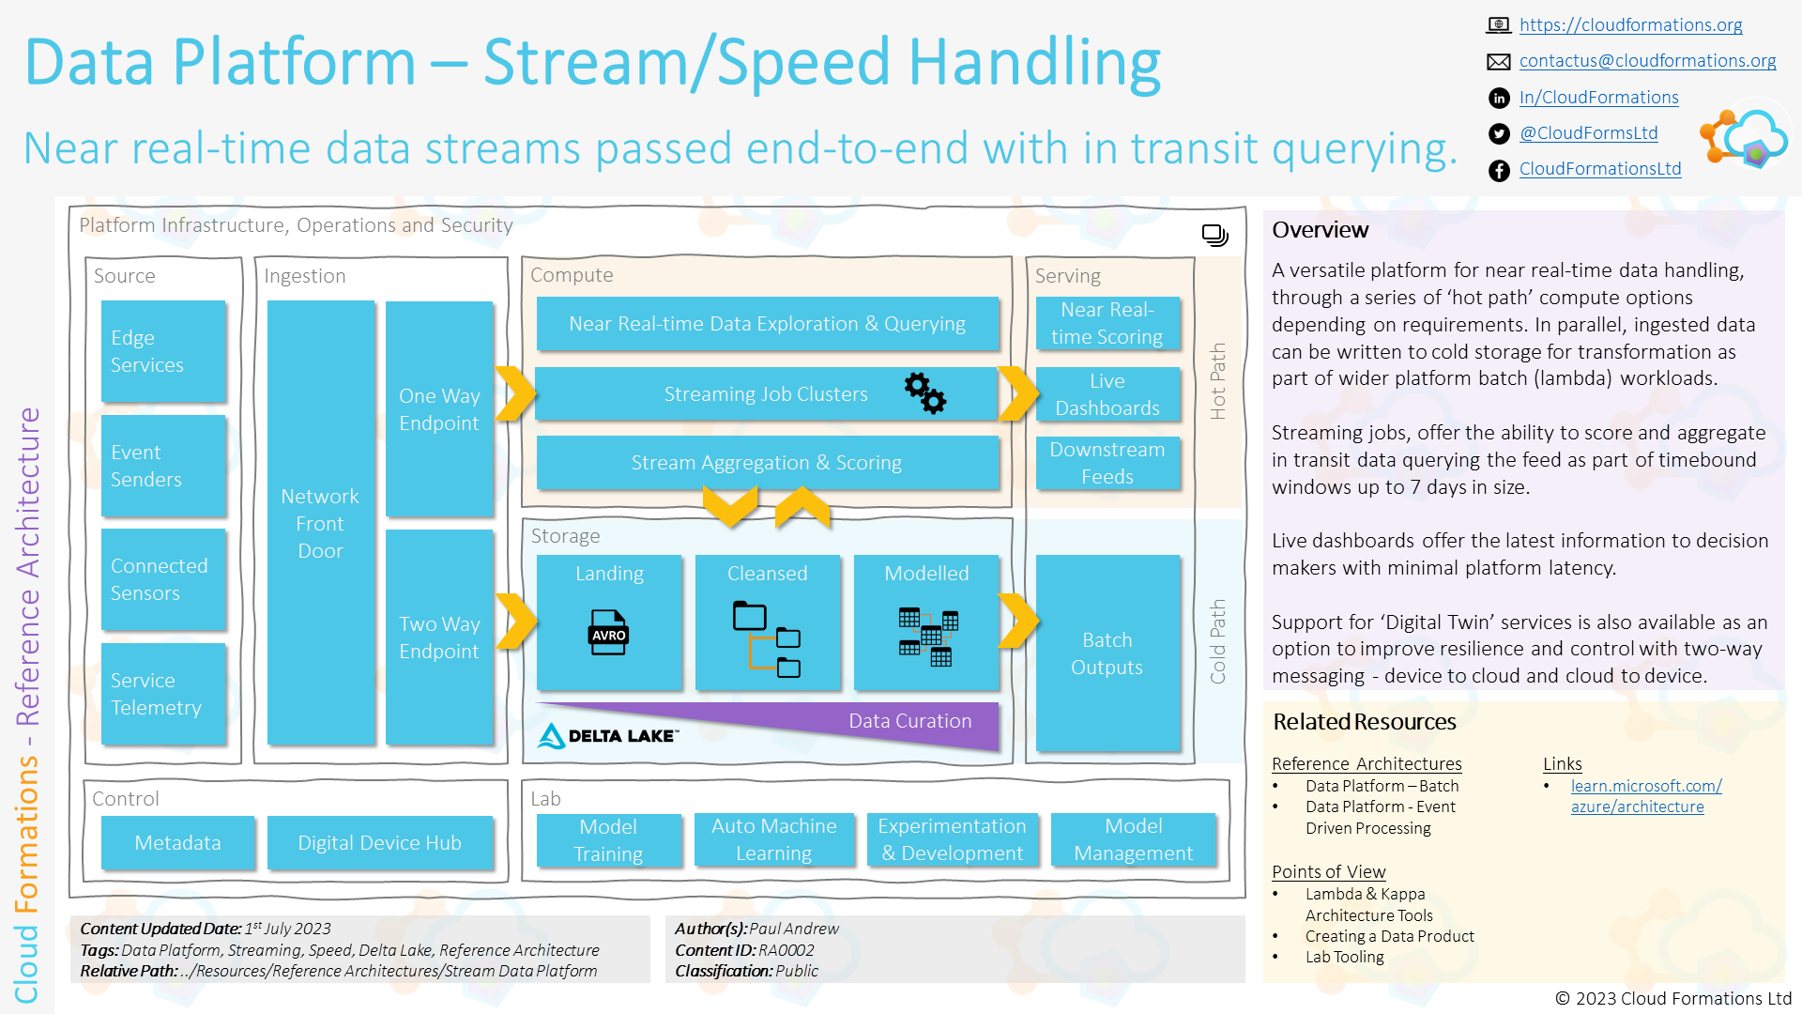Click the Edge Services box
click(163, 350)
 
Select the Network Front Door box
click(320, 522)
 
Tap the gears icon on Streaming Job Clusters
click(924, 392)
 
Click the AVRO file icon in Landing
click(608, 633)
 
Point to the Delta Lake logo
click(607, 735)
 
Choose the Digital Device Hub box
click(379, 842)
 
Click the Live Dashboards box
click(1107, 394)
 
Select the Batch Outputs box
click(1107, 653)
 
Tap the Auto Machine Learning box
click(773, 839)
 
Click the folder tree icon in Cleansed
click(766, 638)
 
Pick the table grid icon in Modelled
click(927, 638)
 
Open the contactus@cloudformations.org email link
click(1647, 61)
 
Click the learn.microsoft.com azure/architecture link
click(1645, 796)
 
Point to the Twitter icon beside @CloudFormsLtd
click(1499, 134)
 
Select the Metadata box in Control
click(177, 842)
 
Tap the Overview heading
click(1320, 230)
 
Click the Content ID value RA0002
click(786, 950)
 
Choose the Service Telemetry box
click(163, 694)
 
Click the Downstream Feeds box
click(1107, 463)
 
